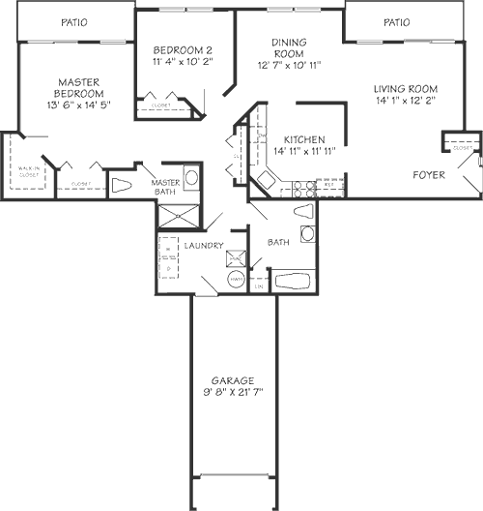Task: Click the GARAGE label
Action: tap(234, 379)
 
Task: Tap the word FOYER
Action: tap(428, 175)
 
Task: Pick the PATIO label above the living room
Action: tap(396, 21)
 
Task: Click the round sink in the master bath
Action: tap(190, 178)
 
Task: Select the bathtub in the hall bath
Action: tap(292, 282)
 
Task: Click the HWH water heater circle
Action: tap(236, 280)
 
